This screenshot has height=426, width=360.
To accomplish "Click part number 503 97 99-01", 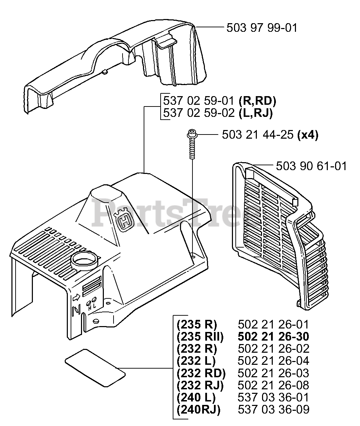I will coord(262,28).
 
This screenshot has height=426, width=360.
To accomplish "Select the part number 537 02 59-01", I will coord(199,101).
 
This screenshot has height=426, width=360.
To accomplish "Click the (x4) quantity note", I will coord(308,135).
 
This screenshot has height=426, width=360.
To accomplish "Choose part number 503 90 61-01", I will coord(311,166).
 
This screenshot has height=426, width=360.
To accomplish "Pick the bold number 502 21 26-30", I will coord(273,336).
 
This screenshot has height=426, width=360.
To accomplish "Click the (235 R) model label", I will coord(196,324).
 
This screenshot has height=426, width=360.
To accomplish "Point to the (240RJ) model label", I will coord(198,410).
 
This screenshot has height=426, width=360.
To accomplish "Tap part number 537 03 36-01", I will coord(273,397).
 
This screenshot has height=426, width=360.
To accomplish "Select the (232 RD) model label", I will coord(201,373).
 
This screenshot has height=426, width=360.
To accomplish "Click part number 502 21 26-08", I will coord(273,385).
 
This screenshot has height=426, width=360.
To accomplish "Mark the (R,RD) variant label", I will coord(257,101).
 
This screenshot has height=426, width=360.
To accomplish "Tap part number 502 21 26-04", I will coord(273,361).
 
